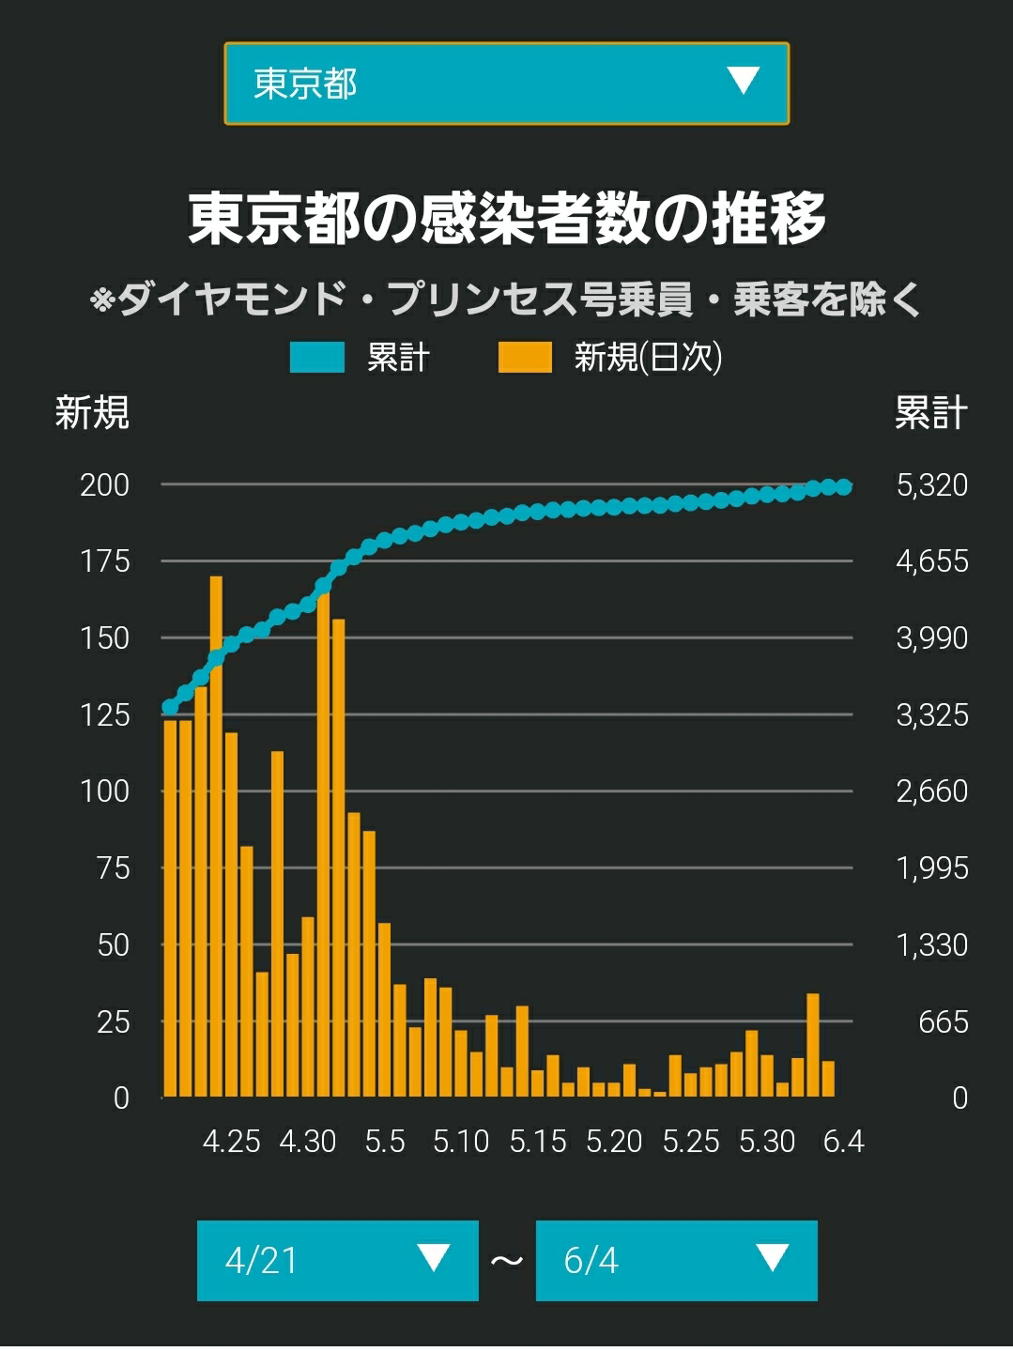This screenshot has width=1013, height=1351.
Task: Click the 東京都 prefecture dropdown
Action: point(507,84)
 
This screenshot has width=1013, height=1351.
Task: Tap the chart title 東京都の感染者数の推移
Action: point(507,219)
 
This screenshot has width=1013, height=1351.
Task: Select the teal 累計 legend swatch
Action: point(317,357)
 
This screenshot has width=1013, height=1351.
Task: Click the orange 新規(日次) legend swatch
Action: point(525,357)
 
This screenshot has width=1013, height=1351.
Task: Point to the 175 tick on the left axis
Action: point(105,561)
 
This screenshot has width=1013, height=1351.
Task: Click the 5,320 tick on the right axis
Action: point(931,485)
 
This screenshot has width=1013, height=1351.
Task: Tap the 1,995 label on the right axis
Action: point(931,867)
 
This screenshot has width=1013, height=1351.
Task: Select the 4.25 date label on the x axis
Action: point(231,1141)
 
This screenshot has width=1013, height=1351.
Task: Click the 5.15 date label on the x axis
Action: point(537,1141)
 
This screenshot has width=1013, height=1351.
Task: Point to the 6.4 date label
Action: point(844,1141)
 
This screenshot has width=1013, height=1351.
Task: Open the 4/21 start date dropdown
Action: point(337,1260)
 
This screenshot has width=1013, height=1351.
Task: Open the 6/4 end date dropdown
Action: point(676,1260)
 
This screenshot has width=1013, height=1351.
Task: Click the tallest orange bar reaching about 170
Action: point(216,837)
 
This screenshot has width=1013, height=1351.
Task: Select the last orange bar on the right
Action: point(828,1079)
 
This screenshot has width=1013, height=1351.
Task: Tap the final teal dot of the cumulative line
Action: point(844,487)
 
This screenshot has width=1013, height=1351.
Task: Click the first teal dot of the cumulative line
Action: point(170,707)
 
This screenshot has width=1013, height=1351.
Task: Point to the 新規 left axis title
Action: point(92,412)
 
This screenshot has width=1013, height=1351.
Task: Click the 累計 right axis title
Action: point(931,412)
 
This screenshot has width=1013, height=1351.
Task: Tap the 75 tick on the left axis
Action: point(114,867)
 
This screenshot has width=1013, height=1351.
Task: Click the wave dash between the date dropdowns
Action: point(507,1261)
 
